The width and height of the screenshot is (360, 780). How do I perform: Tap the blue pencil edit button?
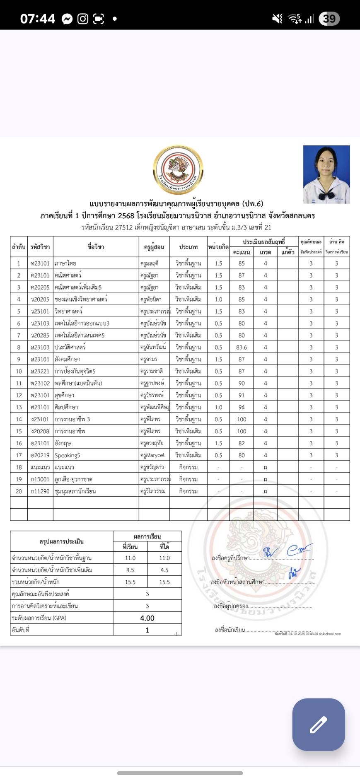pos(318,724)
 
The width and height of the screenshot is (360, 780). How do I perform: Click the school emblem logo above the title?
pos(178,170)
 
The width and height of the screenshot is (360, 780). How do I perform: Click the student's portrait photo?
pos(326,174)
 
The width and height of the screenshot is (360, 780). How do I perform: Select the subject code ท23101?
pos(40,263)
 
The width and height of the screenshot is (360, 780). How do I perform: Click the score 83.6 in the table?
pos(242,348)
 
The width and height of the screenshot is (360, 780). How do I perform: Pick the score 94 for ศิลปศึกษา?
pos(242,408)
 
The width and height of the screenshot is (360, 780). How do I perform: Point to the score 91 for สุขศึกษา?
pos(242,396)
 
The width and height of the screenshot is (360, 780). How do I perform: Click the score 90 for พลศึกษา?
pos(242,384)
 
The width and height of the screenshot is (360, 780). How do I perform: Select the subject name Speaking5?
pos(68,456)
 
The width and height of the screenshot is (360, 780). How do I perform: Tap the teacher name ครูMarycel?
pos(152,456)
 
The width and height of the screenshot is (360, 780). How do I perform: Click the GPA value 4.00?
pos(147,618)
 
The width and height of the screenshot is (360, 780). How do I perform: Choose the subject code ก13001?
pos(40,480)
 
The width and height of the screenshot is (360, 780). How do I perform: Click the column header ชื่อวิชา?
pos(96,247)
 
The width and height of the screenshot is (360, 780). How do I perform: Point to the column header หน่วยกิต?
pos(218,247)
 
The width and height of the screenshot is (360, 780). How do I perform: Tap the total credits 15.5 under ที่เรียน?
pos(130,582)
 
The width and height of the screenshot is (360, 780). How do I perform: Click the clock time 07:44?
pos(38,19)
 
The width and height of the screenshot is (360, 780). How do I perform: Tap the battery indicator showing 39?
pos(329,19)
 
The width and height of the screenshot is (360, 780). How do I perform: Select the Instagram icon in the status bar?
pos(83,19)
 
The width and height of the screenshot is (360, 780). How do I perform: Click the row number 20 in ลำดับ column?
pos(19,492)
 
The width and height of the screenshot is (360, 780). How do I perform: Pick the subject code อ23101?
pos(40,444)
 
